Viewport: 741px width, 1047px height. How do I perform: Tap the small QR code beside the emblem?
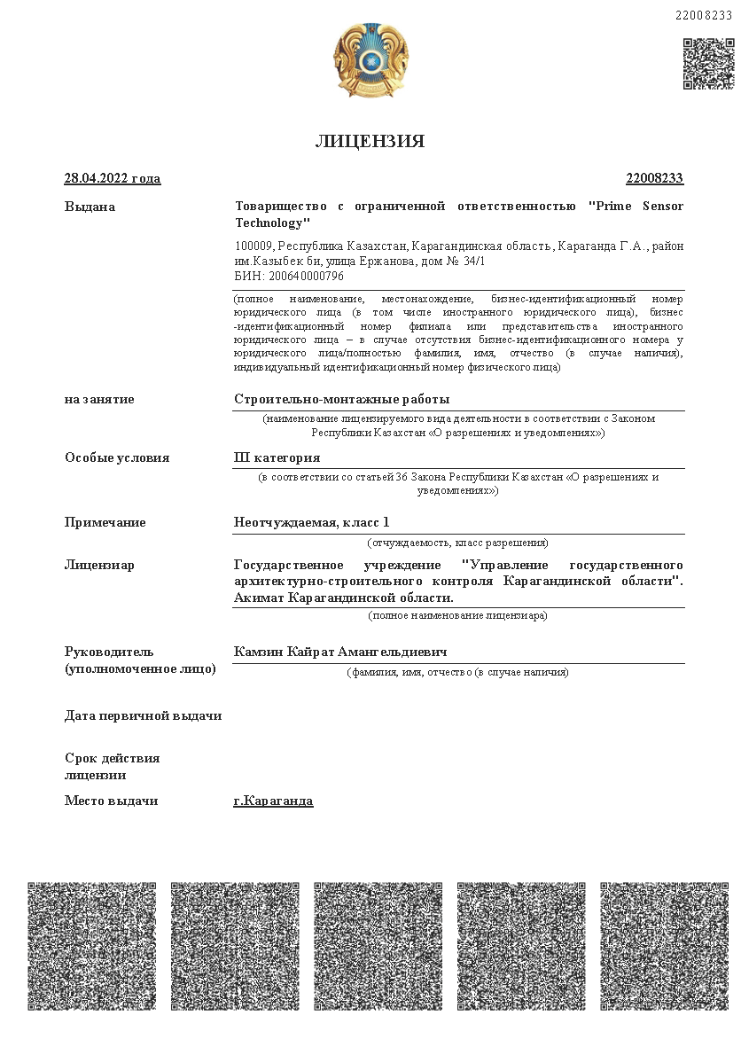(708, 64)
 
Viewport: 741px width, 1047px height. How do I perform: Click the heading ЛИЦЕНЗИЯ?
(370, 142)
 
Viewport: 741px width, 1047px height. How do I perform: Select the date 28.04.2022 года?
(113, 178)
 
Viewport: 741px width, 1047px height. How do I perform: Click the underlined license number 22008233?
(654, 178)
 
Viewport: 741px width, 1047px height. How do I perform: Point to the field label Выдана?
(90, 207)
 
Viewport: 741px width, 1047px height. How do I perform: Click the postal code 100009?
(253, 246)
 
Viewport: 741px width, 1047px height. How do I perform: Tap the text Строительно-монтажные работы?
(341, 399)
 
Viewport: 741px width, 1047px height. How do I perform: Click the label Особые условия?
(117, 457)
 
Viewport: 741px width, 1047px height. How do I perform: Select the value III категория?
(277, 457)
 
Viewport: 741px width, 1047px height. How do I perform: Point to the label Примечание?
(105, 522)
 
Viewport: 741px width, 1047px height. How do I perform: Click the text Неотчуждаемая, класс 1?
(311, 522)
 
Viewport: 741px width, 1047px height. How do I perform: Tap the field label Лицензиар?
(99, 565)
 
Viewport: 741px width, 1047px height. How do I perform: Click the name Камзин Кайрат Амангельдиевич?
(339, 652)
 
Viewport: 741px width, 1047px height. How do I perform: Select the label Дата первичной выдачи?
(143, 715)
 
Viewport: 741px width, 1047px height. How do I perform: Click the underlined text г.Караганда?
(273, 801)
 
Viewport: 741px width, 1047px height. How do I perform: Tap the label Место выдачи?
(111, 801)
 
